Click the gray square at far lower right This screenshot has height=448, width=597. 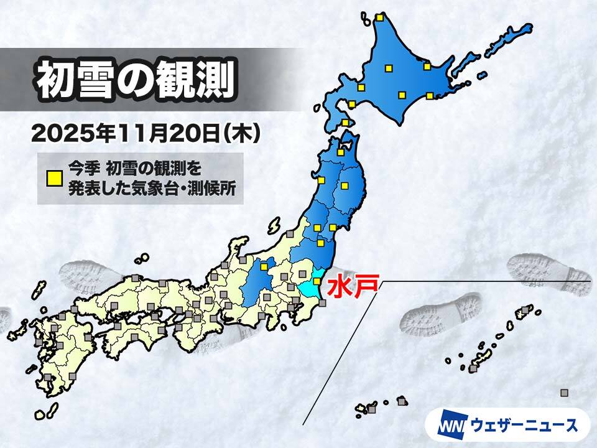pyautogui.click(x=564, y=392)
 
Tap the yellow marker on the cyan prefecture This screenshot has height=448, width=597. pyautogui.click(x=317, y=281)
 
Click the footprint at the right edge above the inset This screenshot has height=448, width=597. pyautogui.click(x=547, y=274)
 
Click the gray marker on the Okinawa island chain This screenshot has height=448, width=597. pyautogui.click(x=474, y=369)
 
